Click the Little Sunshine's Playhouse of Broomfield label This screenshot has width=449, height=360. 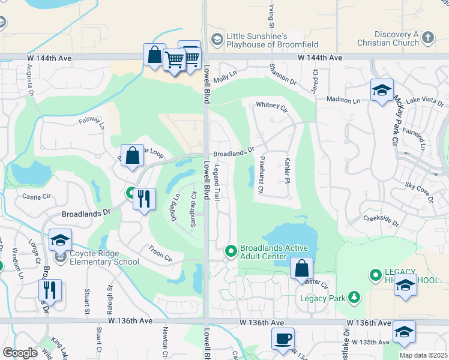271,40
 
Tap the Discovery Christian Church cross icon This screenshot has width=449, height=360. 427,38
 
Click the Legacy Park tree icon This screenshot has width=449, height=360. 355,296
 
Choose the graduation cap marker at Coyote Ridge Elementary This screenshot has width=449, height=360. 60,241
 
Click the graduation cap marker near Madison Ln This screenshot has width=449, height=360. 382,91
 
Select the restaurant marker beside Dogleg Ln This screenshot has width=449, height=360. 143,199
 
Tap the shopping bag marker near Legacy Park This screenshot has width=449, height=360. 302,268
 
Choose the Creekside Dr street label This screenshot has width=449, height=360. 381,219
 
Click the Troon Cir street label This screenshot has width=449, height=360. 160,253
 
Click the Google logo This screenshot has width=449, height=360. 20,352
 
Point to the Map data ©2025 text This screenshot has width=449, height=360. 423,355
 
